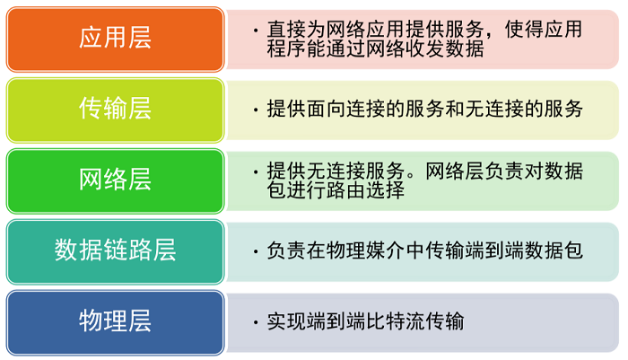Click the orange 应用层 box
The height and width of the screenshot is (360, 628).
coord(115,38)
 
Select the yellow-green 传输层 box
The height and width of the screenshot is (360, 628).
coord(115,109)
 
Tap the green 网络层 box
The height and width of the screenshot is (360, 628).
coord(115,180)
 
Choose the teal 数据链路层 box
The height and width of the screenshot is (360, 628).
coord(115,250)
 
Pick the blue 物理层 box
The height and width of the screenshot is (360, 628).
coord(115,321)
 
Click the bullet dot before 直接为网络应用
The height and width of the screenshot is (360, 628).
coord(257,30)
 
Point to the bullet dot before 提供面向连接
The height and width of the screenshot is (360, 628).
coord(257,110)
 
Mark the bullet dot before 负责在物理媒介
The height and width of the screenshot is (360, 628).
coord(257,250)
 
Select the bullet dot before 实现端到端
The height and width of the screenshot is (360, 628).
coord(257,321)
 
